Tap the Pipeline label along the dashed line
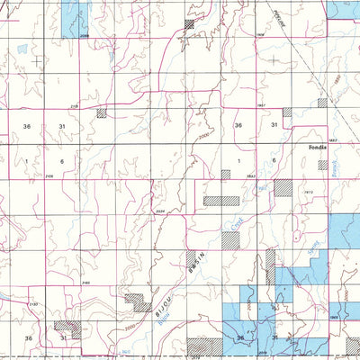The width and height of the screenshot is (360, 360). click(283, 19)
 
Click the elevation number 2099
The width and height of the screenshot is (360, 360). click(85, 36)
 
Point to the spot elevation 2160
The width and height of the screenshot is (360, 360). click(85, 283)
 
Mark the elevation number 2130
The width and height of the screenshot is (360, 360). click(33, 306)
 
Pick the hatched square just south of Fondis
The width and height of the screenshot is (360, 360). click(323, 165)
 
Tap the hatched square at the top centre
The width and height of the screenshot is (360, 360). click(190, 24)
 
